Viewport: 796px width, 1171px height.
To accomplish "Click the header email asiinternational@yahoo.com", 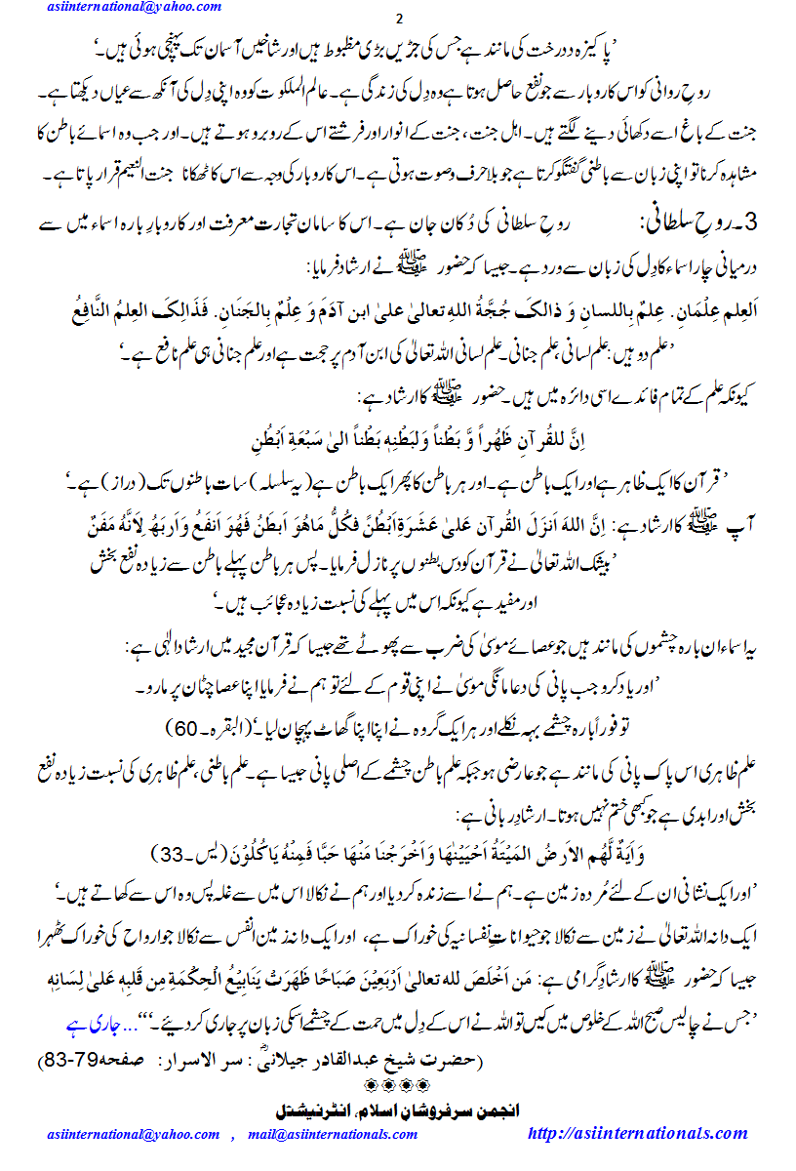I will [133, 8].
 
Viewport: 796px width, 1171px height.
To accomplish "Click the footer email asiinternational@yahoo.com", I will [133, 1134].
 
